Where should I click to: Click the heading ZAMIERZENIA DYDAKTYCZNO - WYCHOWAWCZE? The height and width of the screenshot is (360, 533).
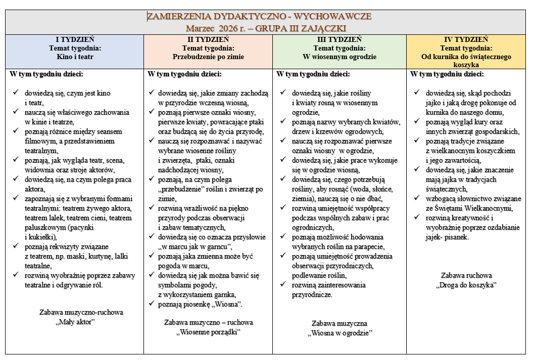click(x=259, y=16)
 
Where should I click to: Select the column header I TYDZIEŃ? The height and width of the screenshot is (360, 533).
click(x=74, y=39)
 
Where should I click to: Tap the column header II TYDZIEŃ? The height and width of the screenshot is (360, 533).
click(x=208, y=39)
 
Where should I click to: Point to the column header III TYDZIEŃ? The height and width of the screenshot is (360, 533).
click(x=339, y=39)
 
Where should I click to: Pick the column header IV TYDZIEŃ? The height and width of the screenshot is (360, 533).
click(x=466, y=39)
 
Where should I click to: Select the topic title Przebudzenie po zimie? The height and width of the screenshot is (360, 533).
click(x=208, y=57)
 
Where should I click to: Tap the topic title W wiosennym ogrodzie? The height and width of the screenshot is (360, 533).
click(x=339, y=57)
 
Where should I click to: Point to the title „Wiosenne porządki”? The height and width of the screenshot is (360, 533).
click(x=208, y=332)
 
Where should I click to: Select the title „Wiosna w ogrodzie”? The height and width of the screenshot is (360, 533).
click(x=340, y=333)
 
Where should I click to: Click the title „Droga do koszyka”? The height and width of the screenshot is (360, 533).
click(x=466, y=285)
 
